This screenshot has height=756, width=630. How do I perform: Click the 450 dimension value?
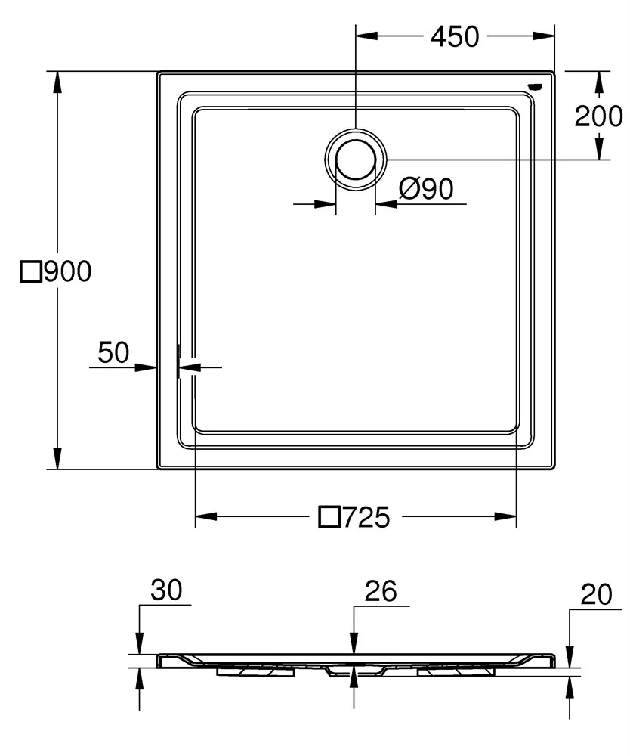pos(455,37)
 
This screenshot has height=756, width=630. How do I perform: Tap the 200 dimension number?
pos(599,116)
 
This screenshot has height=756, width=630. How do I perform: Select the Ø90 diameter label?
pos(426,188)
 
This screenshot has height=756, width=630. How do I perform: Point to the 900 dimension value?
pos(67,271)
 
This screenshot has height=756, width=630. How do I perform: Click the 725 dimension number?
pos(366,517)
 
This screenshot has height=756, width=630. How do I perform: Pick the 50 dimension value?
pos(113,352)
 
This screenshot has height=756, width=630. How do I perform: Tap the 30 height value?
pos(166,590)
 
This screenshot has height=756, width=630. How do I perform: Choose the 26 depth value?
pos(381,591)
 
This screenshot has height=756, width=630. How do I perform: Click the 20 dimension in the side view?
pos(596,594)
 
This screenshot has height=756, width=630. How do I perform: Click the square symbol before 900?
pos(31,272)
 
